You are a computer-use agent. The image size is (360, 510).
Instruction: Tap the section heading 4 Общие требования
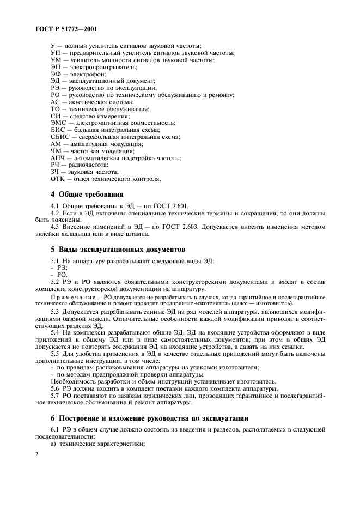pos(87,194)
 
